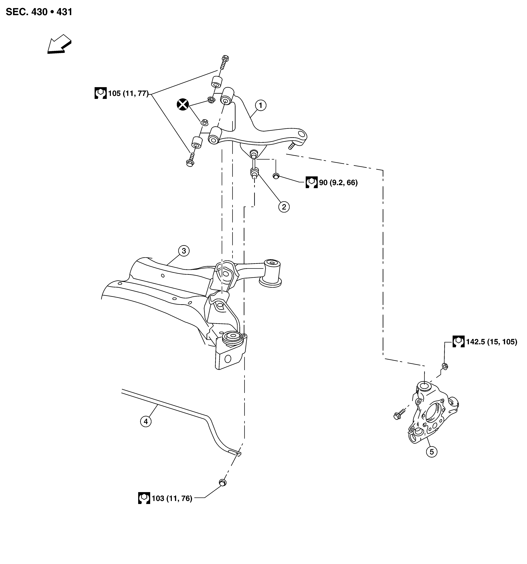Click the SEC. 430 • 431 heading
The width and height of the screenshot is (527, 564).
point(39,12)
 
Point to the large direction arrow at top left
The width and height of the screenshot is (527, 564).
point(59,44)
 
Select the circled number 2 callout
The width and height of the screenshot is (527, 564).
point(284,207)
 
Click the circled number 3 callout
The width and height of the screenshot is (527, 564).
point(184,251)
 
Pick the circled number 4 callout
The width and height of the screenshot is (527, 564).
point(146,421)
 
